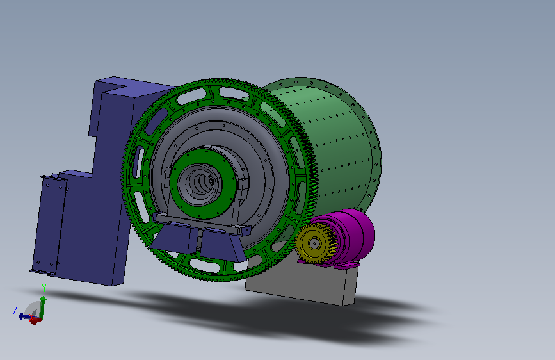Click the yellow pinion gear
(314, 243)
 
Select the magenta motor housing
(354, 234)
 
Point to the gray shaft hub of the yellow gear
(314, 243)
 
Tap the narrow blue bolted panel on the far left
(49, 225)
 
